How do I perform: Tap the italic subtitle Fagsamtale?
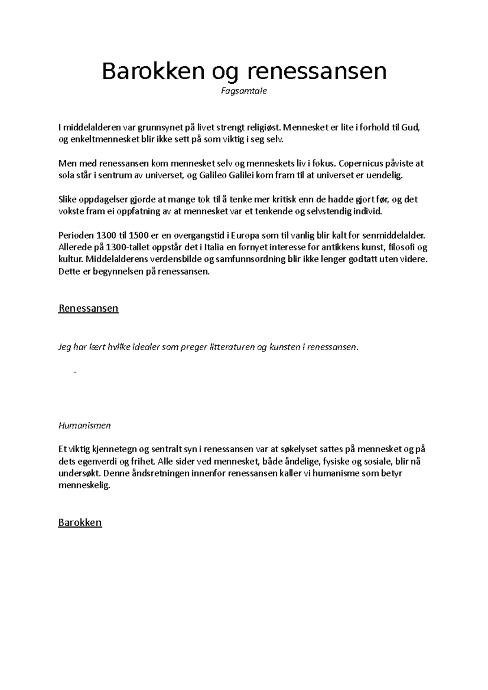(x=244, y=91)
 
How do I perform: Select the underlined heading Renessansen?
(x=88, y=308)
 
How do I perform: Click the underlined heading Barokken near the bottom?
(x=80, y=523)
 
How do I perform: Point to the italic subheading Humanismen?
(x=85, y=426)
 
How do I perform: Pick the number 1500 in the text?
(x=139, y=236)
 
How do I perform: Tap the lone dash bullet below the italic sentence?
(x=75, y=372)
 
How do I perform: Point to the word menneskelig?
(x=84, y=486)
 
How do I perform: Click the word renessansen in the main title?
(x=317, y=72)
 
